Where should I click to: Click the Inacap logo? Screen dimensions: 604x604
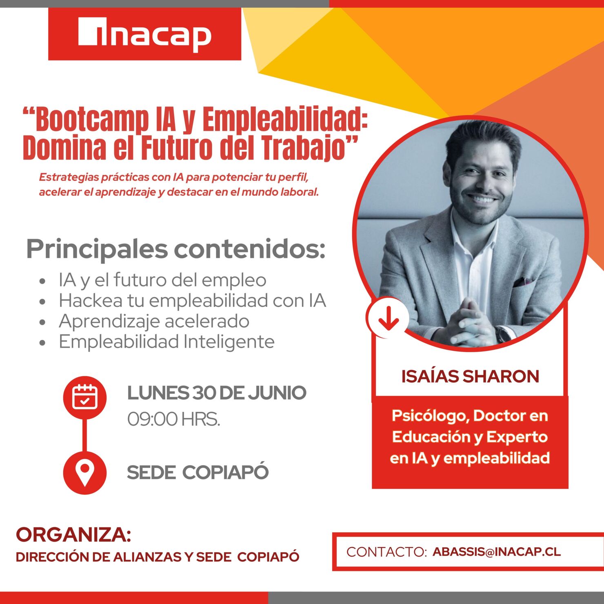point(144,34)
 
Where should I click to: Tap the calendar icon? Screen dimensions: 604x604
point(85,397)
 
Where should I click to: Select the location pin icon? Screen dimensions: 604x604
point(85,473)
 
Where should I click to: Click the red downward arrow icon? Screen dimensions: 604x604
point(388,318)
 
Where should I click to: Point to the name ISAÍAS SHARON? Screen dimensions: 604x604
point(470,376)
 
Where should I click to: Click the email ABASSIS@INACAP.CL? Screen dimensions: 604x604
point(497,552)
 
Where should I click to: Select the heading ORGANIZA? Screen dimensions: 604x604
point(73,535)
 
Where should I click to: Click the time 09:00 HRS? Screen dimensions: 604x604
point(173,419)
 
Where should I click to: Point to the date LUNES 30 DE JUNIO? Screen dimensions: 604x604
point(217,393)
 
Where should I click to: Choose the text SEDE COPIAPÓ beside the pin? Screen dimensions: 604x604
point(198,473)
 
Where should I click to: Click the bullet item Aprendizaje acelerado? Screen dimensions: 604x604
point(154,321)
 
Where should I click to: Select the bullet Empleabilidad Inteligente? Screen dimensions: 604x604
point(167,342)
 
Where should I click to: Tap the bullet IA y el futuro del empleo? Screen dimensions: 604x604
point(162,280)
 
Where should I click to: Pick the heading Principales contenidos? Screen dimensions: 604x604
point(175,249)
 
